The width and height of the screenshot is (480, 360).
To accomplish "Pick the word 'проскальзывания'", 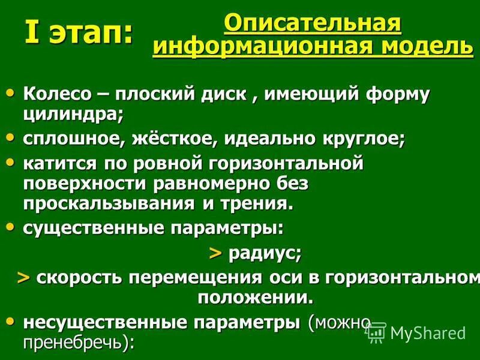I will click(105, 202).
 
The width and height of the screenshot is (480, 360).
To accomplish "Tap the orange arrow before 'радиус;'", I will click(215, 253).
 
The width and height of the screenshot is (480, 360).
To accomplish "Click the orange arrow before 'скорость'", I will click(23, 278).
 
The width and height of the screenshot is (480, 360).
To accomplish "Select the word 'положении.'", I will click(256, 297).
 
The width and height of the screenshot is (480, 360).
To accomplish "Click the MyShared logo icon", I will click(376, 332).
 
